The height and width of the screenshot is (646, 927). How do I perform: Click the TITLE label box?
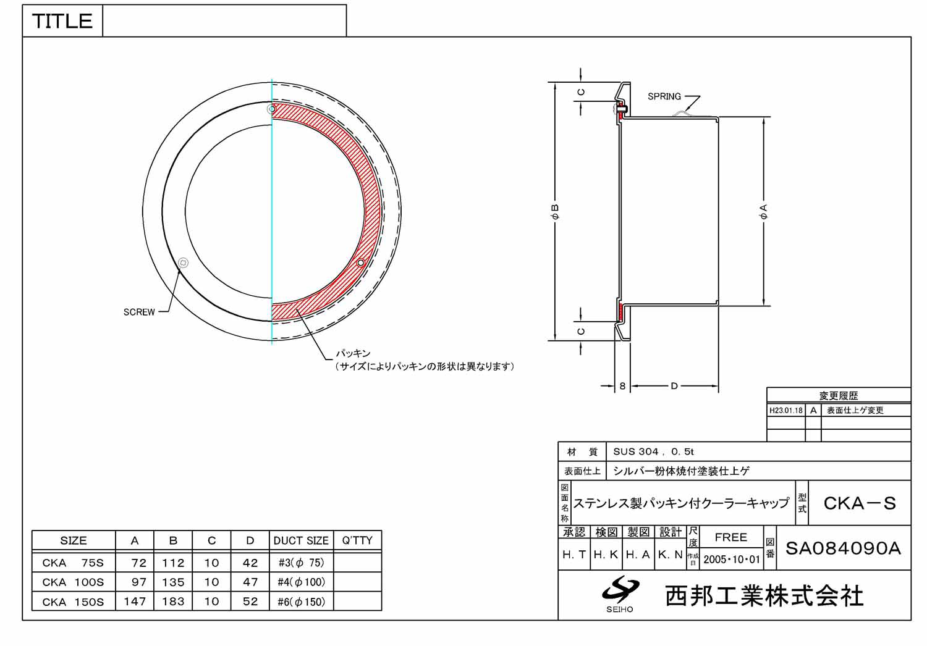pos(62,21)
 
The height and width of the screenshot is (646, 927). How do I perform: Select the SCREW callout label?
pos(139,313)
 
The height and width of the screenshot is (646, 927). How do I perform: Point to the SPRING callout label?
pos(664,96)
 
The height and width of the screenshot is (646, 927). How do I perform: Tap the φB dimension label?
pos(554,212)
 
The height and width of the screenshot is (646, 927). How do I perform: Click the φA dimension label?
pos(764,212)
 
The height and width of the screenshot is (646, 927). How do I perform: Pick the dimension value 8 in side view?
pos(622,386)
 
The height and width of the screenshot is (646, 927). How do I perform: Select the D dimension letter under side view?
pos(674,386)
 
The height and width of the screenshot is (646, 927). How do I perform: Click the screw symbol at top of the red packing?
pos(271,109)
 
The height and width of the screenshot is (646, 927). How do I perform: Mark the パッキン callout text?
pos(353,353)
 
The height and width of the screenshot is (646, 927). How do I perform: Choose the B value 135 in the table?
pos(173,582)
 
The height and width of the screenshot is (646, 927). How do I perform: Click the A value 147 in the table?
pos(135,602)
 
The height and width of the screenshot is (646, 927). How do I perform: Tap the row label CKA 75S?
pos(73,563)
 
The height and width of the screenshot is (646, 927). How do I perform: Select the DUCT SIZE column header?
pos(301,540)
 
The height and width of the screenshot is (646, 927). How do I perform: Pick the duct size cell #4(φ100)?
pos(301,582)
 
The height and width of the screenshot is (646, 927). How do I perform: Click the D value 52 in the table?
pos(250,602)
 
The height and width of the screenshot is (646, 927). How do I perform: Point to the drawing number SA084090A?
pos(843,548)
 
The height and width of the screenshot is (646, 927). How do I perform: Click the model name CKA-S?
pos(859,503)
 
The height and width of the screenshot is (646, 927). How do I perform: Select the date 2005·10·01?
pos(732,560)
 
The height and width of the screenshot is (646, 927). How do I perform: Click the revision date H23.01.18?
pos(786,411)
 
